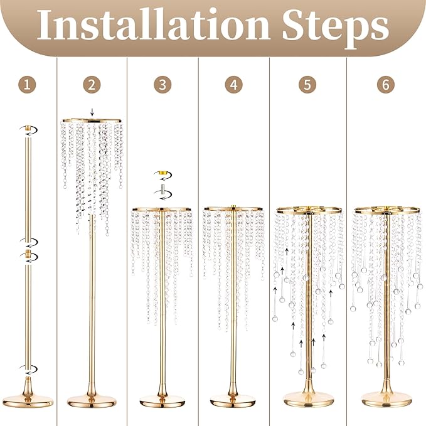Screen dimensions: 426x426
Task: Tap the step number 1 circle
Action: (x=26, y=85)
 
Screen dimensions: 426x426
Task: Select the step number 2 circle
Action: (x=92, y=85)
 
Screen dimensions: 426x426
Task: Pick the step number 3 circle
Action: (x=162, y=85)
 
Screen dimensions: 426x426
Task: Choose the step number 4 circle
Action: (x=233, y=85)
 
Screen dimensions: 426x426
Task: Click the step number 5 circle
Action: (x=307, y=85)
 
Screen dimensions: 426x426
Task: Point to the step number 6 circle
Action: (x=386, y=85)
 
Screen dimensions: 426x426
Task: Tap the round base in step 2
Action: (x=92, y=399)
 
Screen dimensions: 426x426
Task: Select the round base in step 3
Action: (x=162, y=399)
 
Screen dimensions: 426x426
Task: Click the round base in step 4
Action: (x=233, y=399)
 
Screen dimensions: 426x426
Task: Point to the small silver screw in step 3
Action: (x=162, y=189)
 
